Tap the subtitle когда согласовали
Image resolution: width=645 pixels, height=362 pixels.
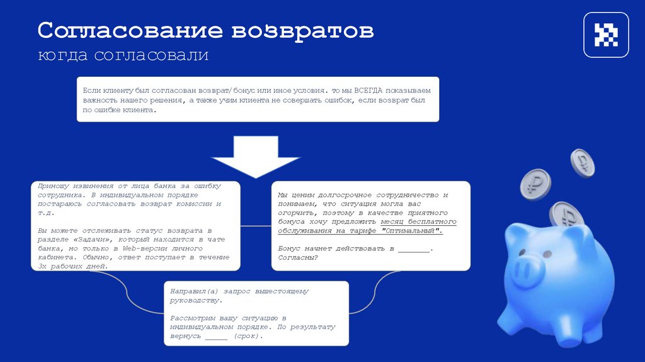pyautogui.click(x=123, y=55)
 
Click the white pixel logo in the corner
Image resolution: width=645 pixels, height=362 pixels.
pyautogui.click(x=606, y=35)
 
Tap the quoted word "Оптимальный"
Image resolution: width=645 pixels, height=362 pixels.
pyautogui.click(x=412, y=231)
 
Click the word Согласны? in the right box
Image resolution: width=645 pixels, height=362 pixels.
pyautogui.click(x=298, y=257)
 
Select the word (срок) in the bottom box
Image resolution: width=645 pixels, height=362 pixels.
pyautogui.click(x=246, y=336)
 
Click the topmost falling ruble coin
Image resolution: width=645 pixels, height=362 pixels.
pyautogui.click(x=582, y=163)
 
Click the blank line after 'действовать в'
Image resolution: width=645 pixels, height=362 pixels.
pyautogui.click(x=413, y=248)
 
